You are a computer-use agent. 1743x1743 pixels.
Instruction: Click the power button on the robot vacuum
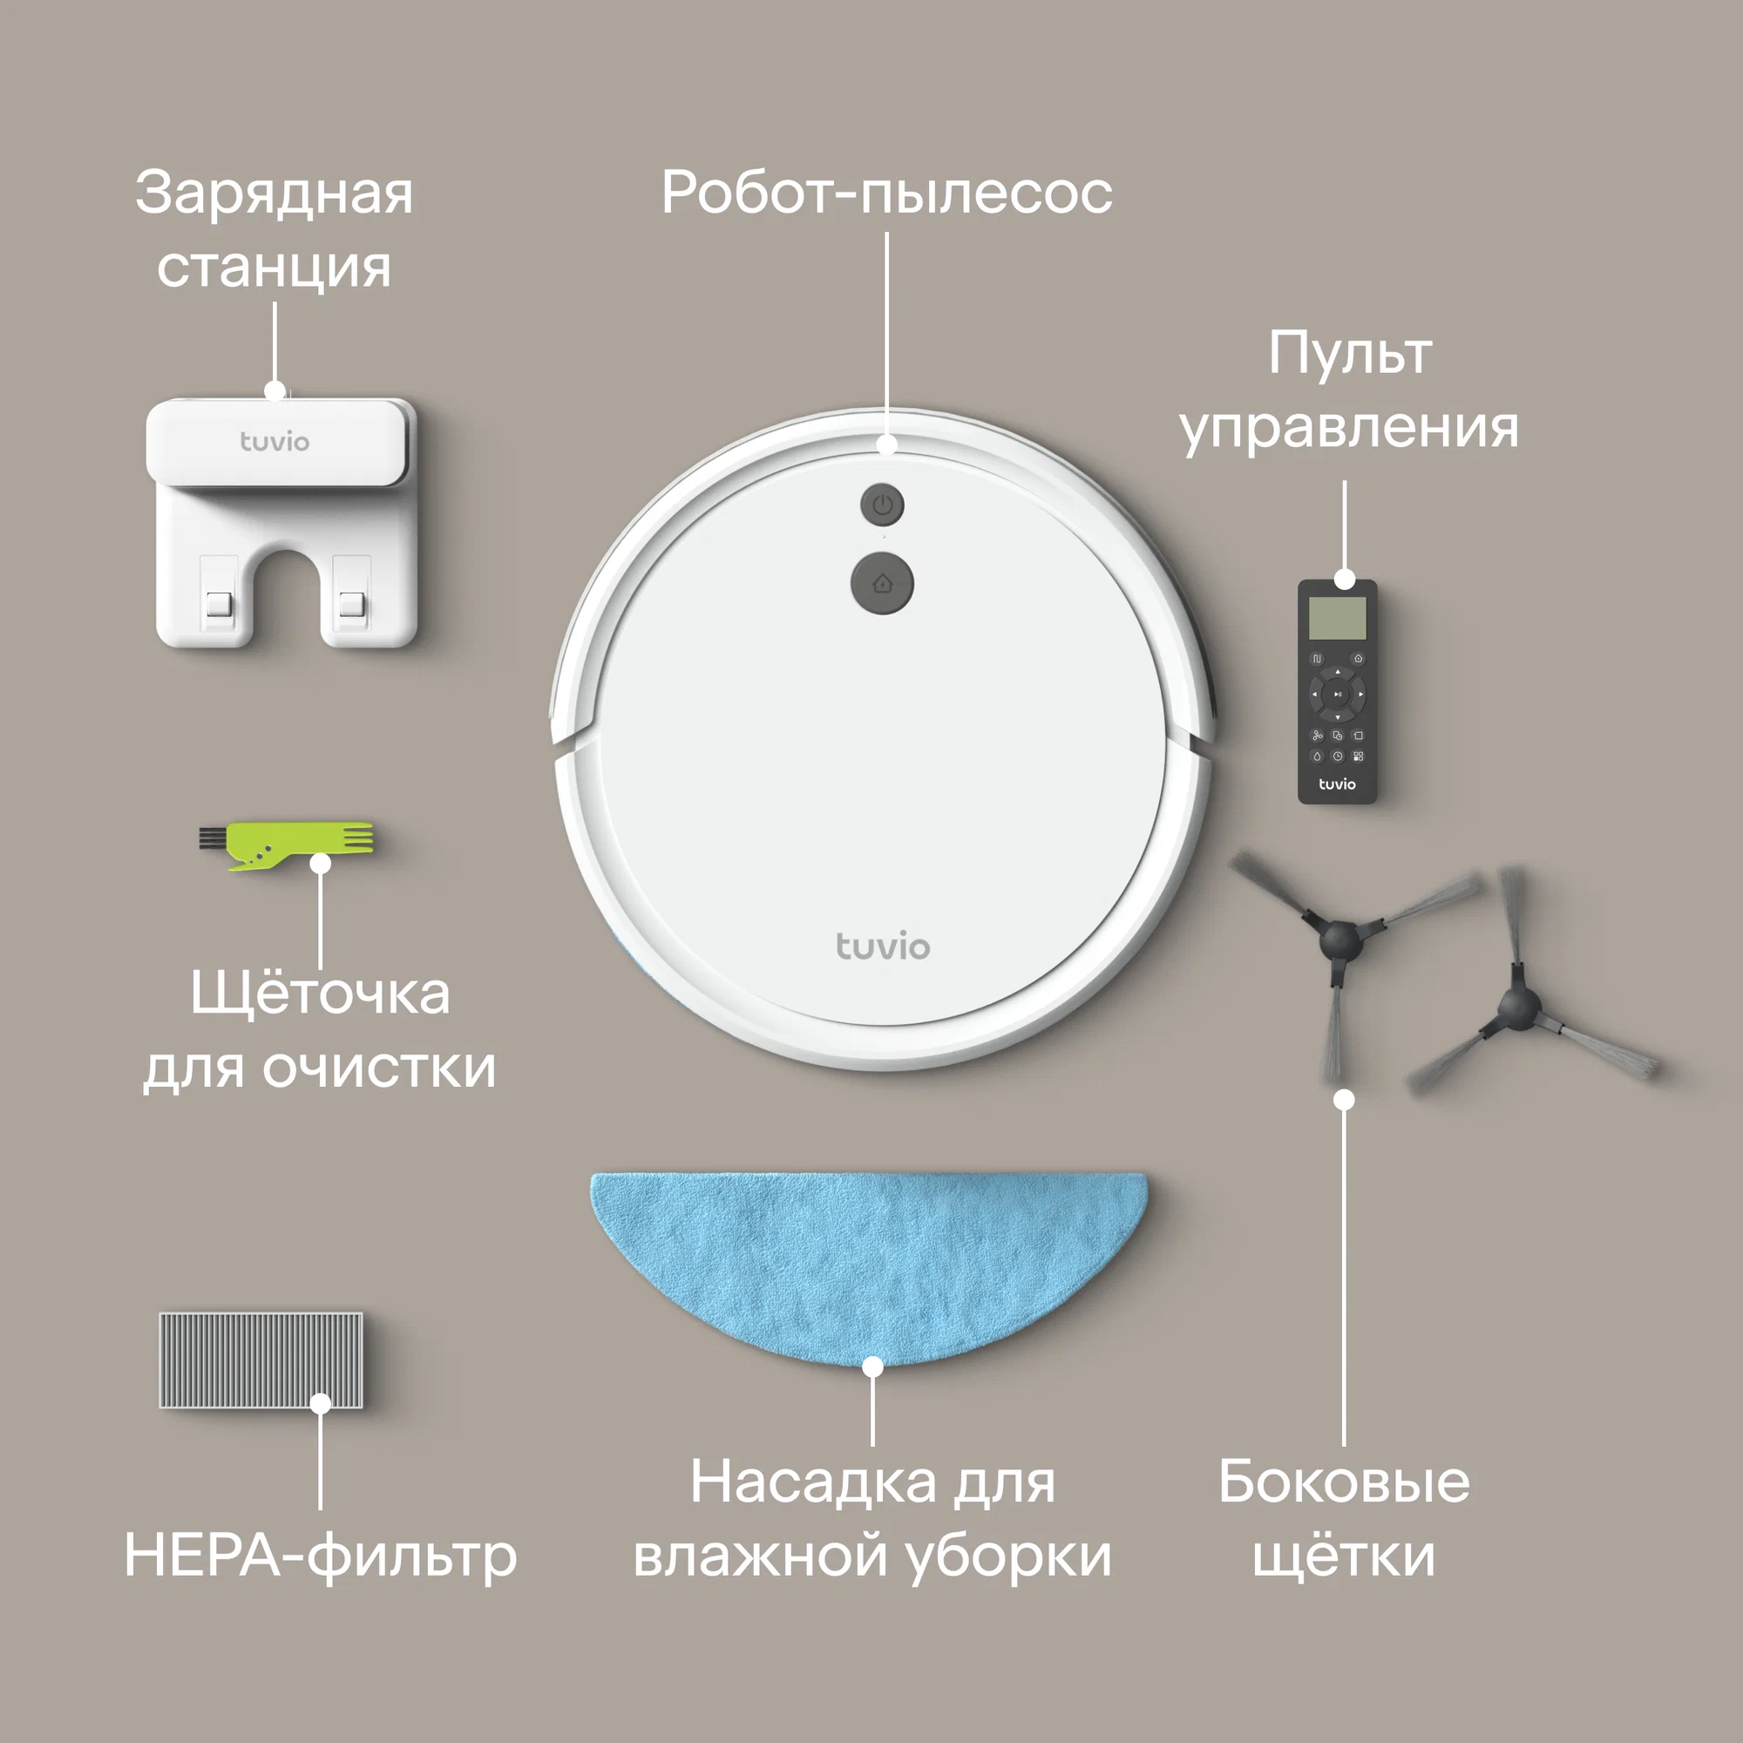pos(881,505)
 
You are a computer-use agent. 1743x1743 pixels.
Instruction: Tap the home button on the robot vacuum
pos(881,584)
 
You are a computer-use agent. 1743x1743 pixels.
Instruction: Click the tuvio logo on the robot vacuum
pos(882,946)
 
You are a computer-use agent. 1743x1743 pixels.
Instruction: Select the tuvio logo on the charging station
pos(275,441)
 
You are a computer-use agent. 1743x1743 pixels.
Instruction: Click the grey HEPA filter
pos(261,1360)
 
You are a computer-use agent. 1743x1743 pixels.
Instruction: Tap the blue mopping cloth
pos(868,1265)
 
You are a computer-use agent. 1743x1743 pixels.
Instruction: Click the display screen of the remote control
pos(1337,618)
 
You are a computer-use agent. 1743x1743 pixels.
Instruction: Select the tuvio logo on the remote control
pos(1337,784)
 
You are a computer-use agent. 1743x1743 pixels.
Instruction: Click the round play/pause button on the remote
pos(1337,695)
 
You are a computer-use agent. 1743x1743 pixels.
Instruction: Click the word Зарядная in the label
pos(275,193)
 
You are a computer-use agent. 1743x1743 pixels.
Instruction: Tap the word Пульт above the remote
pos(1350,353)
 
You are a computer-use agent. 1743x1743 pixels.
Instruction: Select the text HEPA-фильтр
pos(320,1556)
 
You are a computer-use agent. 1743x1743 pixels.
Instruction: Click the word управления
pos(1350,428)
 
